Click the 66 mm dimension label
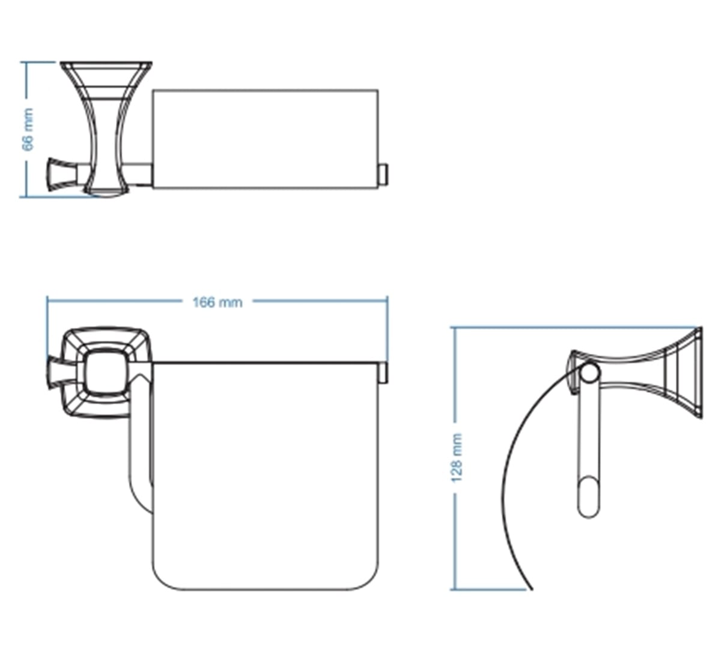coord(28,129)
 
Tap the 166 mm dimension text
coord(218,303)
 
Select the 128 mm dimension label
coord(456,458)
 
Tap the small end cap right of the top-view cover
coord(383,175)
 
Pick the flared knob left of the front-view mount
coord(58,372)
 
